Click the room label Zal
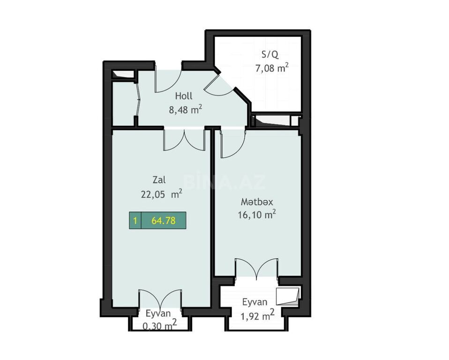click(x=159, y=180)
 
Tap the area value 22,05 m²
click(x=162, y=194)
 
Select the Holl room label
click(x=184, y=96)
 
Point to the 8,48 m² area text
click(x=186, y=109)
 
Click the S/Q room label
click(x=270, y=54)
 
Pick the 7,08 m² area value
click(x=272, y=68)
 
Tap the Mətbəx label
click(x=256, y=202)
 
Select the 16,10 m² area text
click(x=257, y=215)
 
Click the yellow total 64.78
click(x=164, y=220)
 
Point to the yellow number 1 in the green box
click(x=135, y=220)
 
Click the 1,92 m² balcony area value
click(x=257, y=316)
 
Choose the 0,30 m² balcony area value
click(x=160, y=325)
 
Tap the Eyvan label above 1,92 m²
click(x=255, y=302)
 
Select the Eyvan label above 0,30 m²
click(x=158, y=314)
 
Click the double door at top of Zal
click(x=184, y=140)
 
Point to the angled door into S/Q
click(x=219, y=85)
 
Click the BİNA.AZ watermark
click(x=224, y=181)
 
